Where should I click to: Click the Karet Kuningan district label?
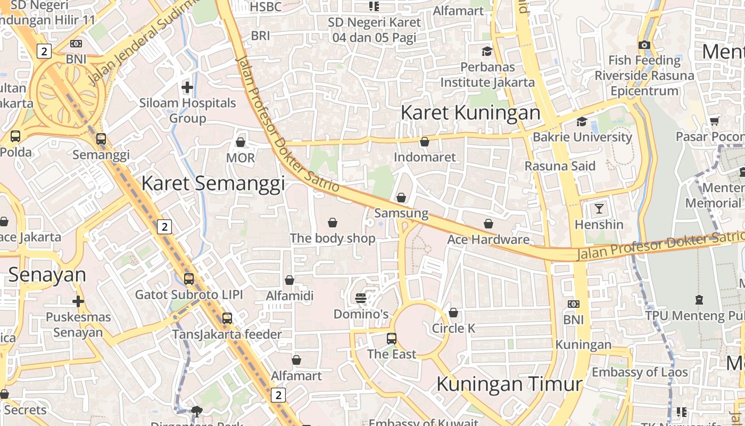tap(470, 113)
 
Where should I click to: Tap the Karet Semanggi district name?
tap(213, 183)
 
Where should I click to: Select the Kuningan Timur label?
tap(509, 383)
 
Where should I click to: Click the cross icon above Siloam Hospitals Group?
tap(187, 87)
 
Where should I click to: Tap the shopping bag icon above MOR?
tap(241, 142)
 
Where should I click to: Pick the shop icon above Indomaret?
tap(425, 142)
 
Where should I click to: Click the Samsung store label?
tap(401, 213)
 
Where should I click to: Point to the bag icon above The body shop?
tap(333, 223)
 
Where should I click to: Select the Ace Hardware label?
tap(489, 240)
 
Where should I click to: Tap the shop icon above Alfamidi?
tap(289, 280)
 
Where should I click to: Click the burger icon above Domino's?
tap(361, 298)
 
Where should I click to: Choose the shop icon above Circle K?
tap(453, 313)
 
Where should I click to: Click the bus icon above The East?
tap(392, 338)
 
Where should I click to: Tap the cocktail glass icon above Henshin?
tap(599, 209)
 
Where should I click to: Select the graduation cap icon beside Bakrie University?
tap(582, 121)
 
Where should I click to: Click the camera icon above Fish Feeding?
tap(644, 45)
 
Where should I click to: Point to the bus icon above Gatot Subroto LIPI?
tap(189, 278)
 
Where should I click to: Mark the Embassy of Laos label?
tap(640, 372)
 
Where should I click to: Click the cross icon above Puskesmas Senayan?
tap(78, 301)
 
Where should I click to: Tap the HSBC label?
tap(266, 7)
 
